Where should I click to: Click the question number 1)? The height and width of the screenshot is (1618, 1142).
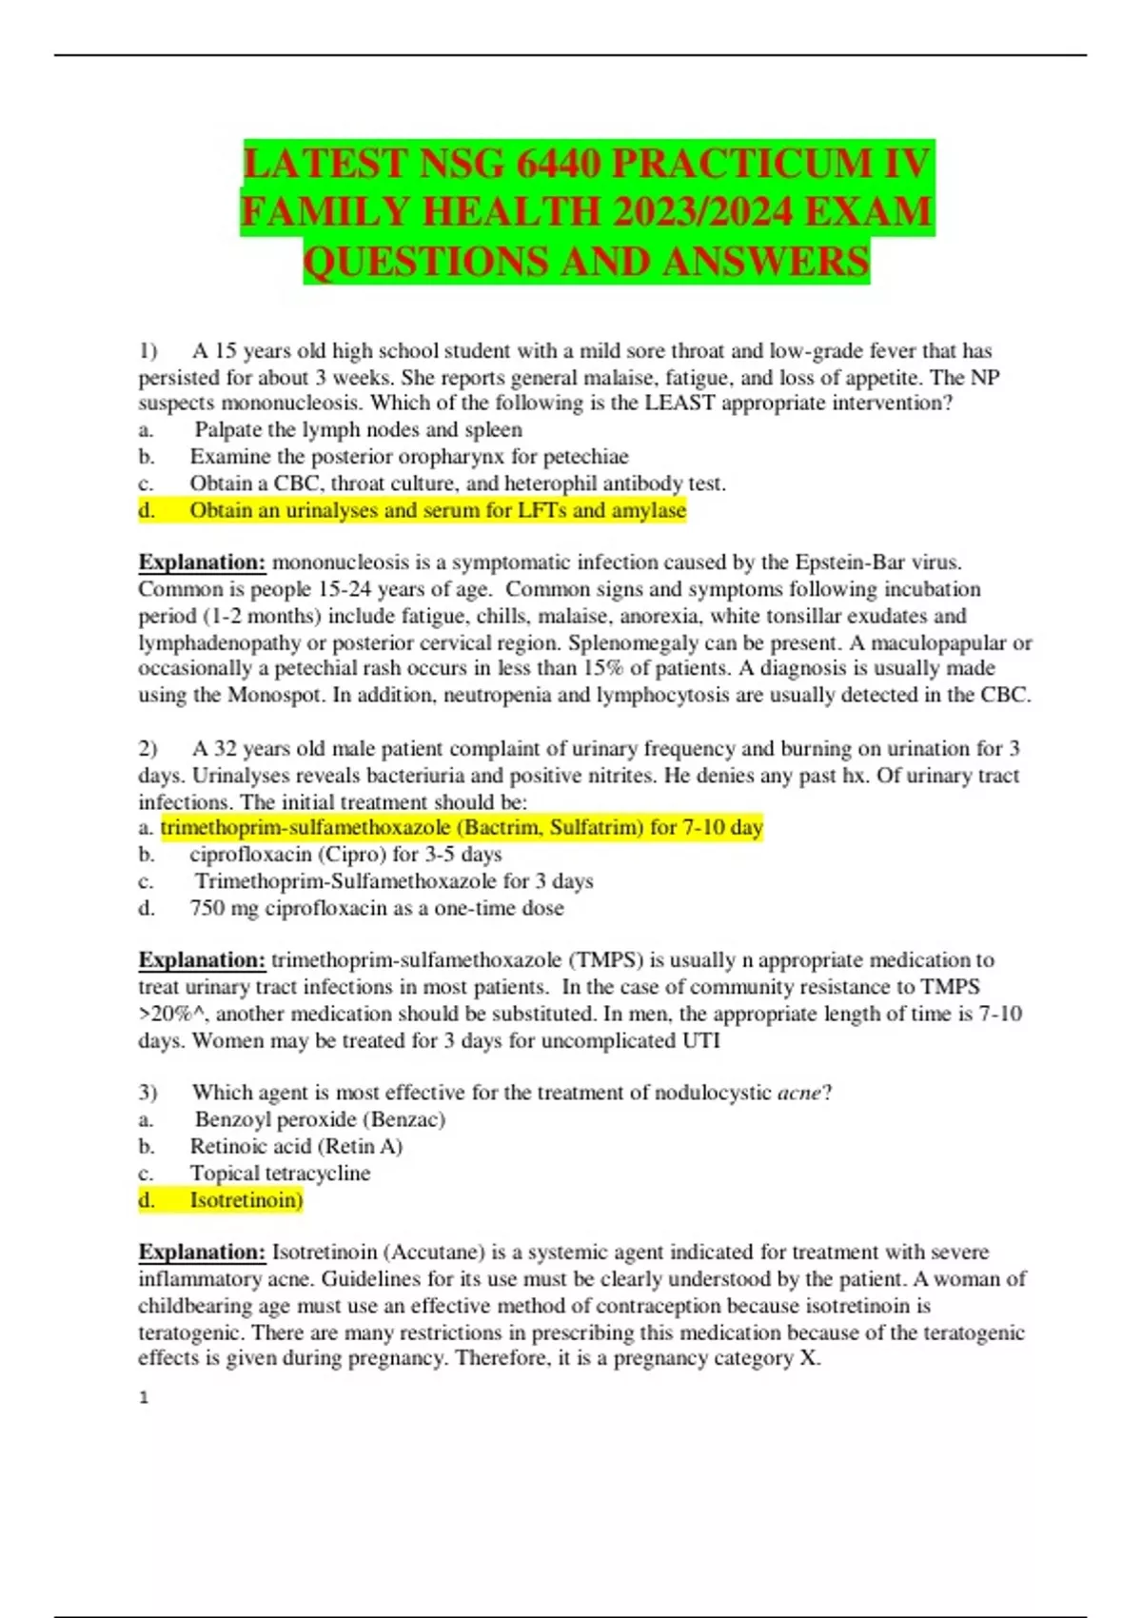(148, 351)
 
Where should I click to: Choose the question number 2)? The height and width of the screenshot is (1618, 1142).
(148, 749)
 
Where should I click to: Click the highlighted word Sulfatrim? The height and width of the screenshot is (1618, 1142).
(596, 828)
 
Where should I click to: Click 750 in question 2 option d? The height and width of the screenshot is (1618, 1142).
(207, 909)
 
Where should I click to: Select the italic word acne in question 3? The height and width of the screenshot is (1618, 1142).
(798, 1094)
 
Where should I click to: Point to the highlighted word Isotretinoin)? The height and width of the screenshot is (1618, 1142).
(246, 1200)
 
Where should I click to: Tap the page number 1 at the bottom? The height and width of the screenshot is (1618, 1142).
(144, 1398)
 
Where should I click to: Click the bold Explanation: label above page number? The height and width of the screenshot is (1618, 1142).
(202, 1253)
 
